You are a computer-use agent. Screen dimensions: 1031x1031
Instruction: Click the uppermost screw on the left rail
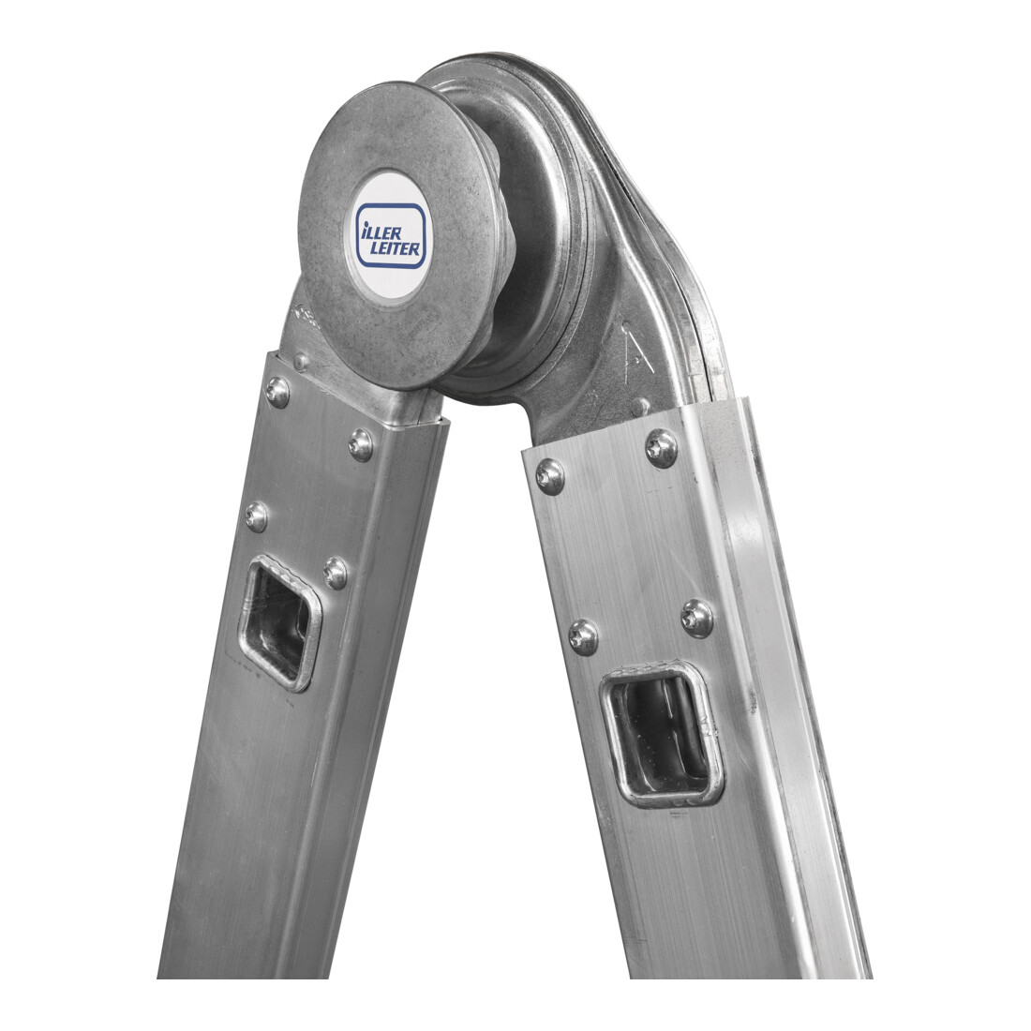coord(276,392)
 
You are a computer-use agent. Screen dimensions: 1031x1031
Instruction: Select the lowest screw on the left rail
coord(336,574)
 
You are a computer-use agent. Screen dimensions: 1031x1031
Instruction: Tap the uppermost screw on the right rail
coord(662,448)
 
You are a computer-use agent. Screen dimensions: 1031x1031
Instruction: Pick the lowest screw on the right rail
coord(583,637)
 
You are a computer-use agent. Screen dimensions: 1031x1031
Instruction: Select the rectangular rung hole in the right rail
coord(662,733)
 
